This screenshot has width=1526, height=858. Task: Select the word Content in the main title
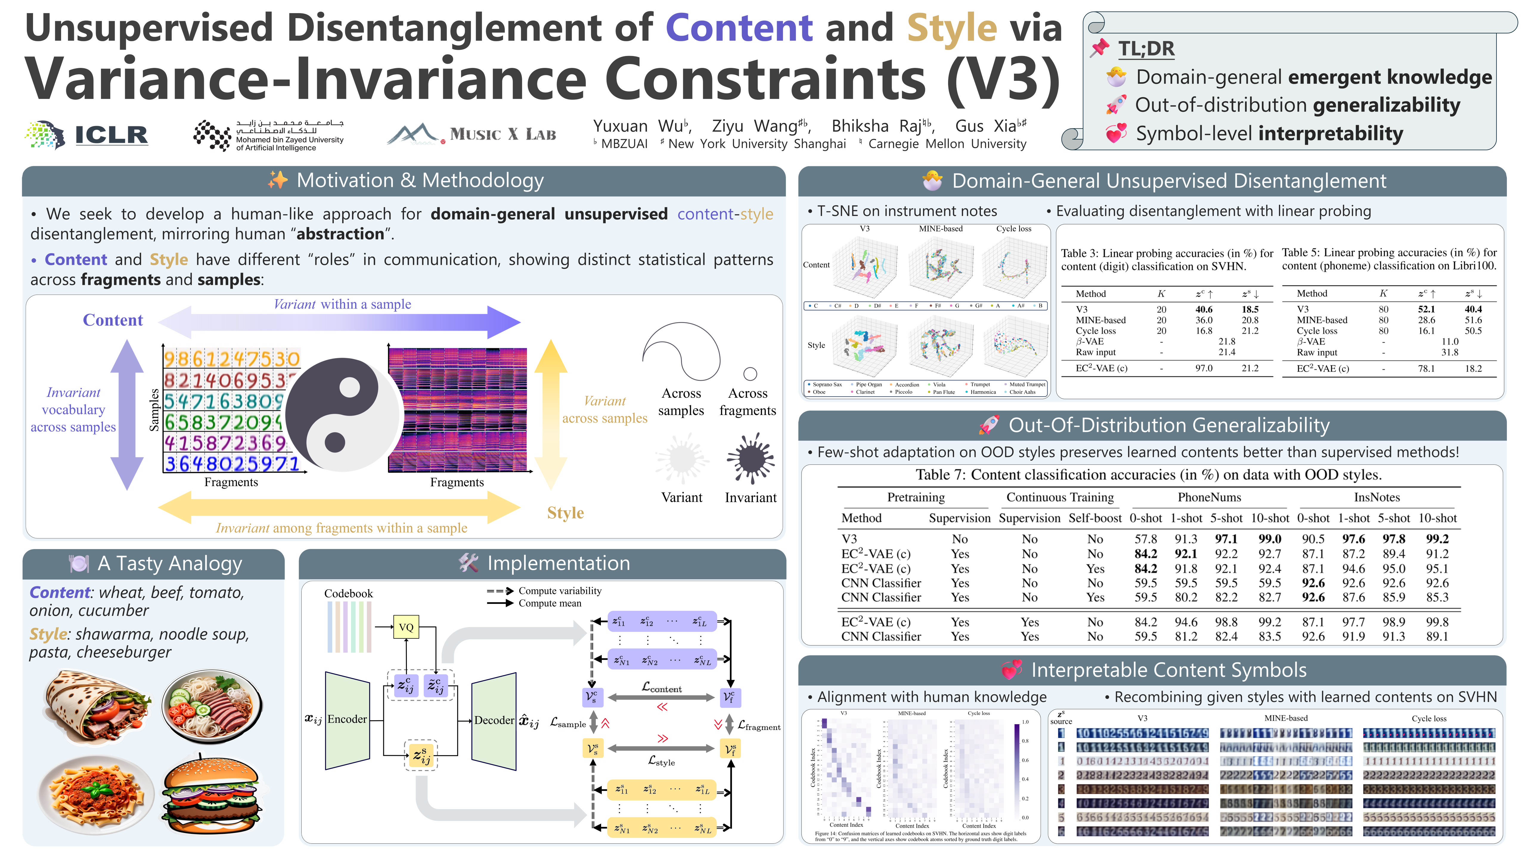coord(739,28)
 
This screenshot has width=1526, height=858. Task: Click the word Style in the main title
coord(952,28)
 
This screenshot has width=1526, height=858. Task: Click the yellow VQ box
coord(406,627)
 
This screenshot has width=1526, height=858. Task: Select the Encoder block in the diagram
coord(347,719)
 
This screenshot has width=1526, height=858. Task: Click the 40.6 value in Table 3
coord(1204,309)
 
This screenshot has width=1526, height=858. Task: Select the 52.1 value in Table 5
coord(1426,309)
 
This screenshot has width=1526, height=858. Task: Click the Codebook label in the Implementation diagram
coord(348,593)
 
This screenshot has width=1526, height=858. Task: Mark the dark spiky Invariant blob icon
coord(750,457)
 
